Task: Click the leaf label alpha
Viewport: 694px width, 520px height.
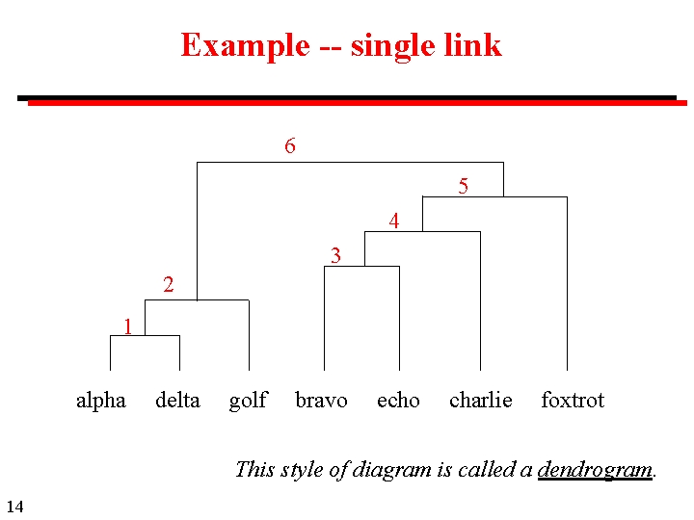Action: pyautogui.click(x=100, y=401)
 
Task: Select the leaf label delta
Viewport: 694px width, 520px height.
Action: pyautogui.click(x=177, y=401)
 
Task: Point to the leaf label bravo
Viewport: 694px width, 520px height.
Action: pyautogui.click(x=321, y=401)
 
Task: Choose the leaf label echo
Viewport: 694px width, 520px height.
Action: pyautogui.click(x=398, y=401)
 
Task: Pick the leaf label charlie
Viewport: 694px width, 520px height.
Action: pyautogui.click(x=480, y=401)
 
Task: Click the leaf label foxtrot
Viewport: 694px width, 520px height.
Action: pyautogui.click(x=573, y=401)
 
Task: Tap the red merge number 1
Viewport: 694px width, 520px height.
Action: pyautogui.click(x=127, y=326)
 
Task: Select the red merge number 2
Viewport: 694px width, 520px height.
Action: pyautogui.click(x=169, y=284)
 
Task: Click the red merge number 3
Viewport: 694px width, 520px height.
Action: pyautogui.click(x=335, y=255)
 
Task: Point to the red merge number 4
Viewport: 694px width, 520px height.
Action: pyautogui.click(x=394, y=221)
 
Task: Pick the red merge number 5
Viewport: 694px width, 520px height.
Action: pyautogui.click(x=464, y=186)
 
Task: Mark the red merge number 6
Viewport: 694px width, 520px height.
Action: pyautogui.click(x=290, y=145)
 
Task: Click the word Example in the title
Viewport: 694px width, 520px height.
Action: pyautogui.click(x=245, y=45)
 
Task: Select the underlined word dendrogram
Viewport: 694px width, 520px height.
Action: pyautogui.click(x=595, y=470)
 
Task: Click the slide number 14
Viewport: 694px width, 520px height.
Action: pyautogui.click(x=14, y=507)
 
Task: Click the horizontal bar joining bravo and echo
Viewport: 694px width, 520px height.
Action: pyautogui.click(x=361, y=266)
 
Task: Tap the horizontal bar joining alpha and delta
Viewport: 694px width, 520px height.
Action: pyautogui.click(x=145, y=335)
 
